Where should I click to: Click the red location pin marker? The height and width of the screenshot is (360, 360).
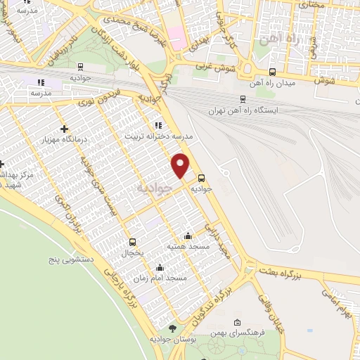[x=181, y=165]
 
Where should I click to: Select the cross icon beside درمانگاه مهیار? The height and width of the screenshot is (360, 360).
[x=65, y=129]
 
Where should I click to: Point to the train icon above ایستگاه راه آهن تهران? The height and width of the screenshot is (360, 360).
[x=243, y=99]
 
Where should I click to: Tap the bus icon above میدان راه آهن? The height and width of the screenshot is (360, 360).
[x=272, y=72]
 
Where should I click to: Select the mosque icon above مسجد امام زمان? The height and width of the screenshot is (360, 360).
[x=160, y=267]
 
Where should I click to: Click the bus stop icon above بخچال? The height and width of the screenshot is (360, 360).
[x=132, y=241]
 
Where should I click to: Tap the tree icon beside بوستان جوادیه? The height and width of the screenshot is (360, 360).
[x=173, y=328]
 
